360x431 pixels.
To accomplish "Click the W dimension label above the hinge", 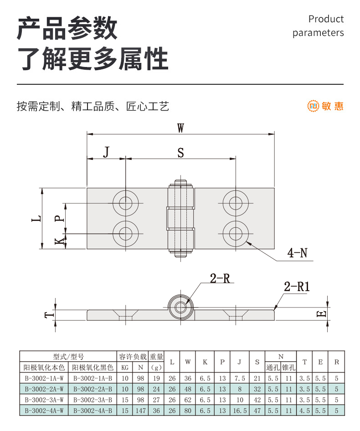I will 181,128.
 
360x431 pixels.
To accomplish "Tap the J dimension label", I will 106,152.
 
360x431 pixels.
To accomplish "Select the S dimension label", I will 180,153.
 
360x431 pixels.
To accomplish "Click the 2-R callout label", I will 220,278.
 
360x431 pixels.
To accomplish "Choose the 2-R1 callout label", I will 297,287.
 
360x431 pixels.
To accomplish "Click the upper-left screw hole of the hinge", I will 124,203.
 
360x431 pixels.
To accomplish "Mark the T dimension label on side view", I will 50,314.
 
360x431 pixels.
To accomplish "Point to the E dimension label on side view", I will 321,313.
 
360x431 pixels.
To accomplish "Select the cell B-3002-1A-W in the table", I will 44,378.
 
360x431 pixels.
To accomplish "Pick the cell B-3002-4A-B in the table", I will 93,410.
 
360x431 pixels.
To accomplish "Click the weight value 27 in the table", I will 156,400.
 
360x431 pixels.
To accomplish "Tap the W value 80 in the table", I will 188,410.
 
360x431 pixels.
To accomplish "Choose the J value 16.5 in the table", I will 239,410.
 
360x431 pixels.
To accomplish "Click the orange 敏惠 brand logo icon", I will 313,106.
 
